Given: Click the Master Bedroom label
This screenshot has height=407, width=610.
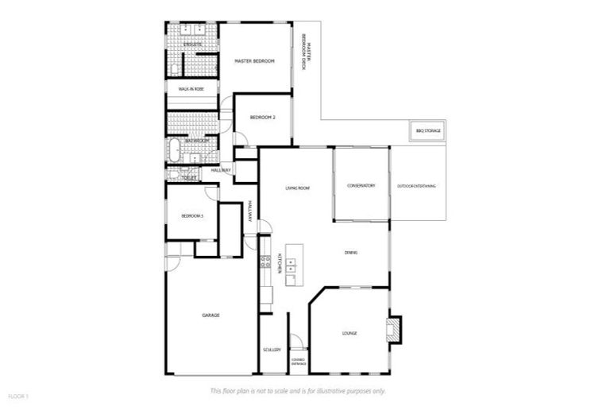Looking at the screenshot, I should [x=254, y=61].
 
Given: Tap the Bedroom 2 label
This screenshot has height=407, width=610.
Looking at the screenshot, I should [x=262, y=118].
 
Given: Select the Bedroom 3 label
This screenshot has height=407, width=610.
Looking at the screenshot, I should [x=192, y=216].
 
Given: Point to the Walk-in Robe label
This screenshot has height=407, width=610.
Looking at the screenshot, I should [x=191, y=90].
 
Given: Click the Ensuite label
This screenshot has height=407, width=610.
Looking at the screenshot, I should [x=192, y=45].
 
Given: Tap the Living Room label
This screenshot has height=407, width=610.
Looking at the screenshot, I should [x=297, y=188].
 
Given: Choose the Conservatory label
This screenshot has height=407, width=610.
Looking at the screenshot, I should [x=361, y=186].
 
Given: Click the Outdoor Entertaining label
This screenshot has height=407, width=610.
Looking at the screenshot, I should [x=417, y=186].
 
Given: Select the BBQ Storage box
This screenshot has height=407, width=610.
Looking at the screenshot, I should [x=428, y=130].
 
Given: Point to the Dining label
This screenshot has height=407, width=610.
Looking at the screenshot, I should [x=350, y=253].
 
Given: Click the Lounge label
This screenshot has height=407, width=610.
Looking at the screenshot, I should [x=349, y=333].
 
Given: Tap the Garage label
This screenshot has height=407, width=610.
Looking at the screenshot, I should [x=210, y=316].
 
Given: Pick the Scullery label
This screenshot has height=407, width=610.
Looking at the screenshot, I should [x=272, y=349].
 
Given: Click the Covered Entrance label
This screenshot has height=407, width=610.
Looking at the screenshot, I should [x=298, y=362].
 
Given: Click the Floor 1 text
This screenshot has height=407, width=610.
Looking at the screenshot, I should [x=18, y=395].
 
